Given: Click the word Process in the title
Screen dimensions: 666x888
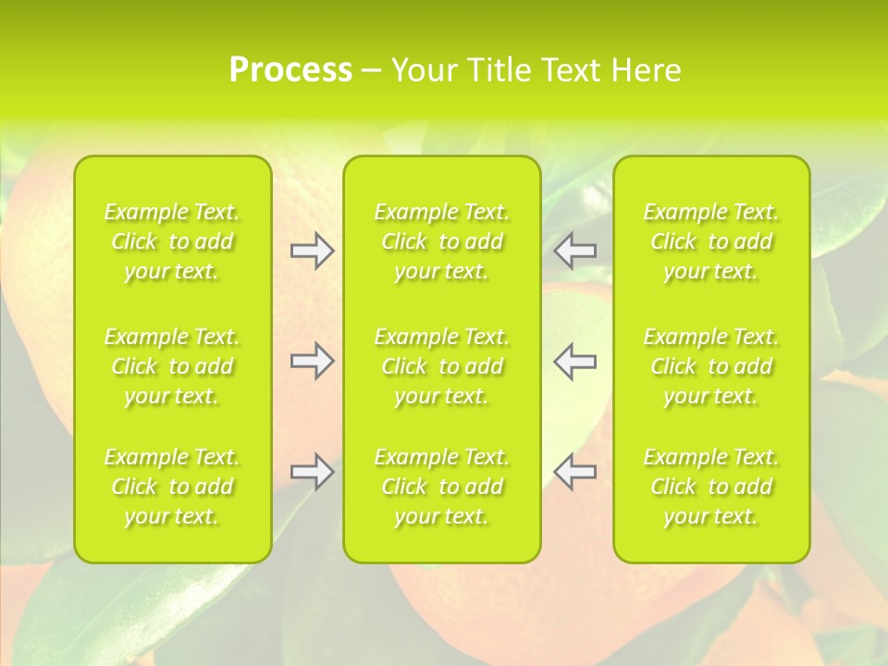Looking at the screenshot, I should (x=290, y=70).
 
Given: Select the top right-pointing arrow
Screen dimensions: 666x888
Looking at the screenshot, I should (x=312, y=251).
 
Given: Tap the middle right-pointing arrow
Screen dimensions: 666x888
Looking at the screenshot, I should (x=312, y=361).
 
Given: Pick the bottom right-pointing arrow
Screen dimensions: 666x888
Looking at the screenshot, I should (x=312, y=473).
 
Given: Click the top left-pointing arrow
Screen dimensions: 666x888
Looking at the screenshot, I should (x=575, y=251).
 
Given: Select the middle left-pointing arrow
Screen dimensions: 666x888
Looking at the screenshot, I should (x=575, y=361).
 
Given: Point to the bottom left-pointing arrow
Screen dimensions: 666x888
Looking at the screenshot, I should (x=575, y=473).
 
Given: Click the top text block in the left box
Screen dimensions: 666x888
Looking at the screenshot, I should (x=172, y=241).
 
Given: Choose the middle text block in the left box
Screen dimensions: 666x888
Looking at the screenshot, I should (x=172, y=366).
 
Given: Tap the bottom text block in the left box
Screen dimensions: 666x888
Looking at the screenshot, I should (x=172, y=487).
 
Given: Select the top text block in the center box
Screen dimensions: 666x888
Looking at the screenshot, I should (x=442, y=241).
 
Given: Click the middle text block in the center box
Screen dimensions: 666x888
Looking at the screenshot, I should (x=442, y=366).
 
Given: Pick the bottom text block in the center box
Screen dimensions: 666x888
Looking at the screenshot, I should (x=442, y=487).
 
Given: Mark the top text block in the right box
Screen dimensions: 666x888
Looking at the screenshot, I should (x=711, y=241).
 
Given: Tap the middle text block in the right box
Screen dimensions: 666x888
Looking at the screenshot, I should (x=711, y=366).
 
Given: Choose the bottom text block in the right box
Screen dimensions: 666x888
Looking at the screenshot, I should (x=711, y=487).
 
